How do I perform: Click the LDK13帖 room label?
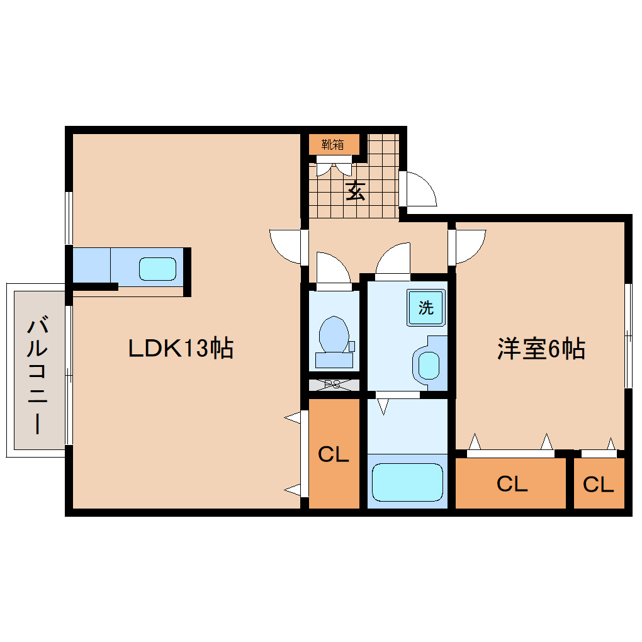click(x=181, y=347)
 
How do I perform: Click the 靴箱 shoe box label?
click(x=333, y=144)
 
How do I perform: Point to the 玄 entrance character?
click(x=356, y=190)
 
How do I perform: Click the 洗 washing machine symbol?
click(x=426, y=308)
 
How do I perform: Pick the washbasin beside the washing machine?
click(x=428, y=364)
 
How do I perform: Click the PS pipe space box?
click(x=333, y=385)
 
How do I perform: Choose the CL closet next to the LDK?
click(x=333, y=454)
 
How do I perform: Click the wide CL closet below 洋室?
click(x=511, y=484)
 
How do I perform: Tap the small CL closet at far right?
click(x=598, y=484)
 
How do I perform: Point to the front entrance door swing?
click(x=418, y=188)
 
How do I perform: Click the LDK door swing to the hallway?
click(x=286, y=245)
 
